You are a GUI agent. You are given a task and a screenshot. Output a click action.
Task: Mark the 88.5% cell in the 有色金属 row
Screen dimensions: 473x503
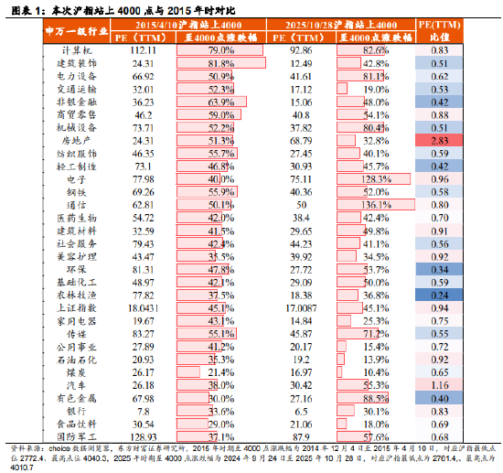coord(377,399)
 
